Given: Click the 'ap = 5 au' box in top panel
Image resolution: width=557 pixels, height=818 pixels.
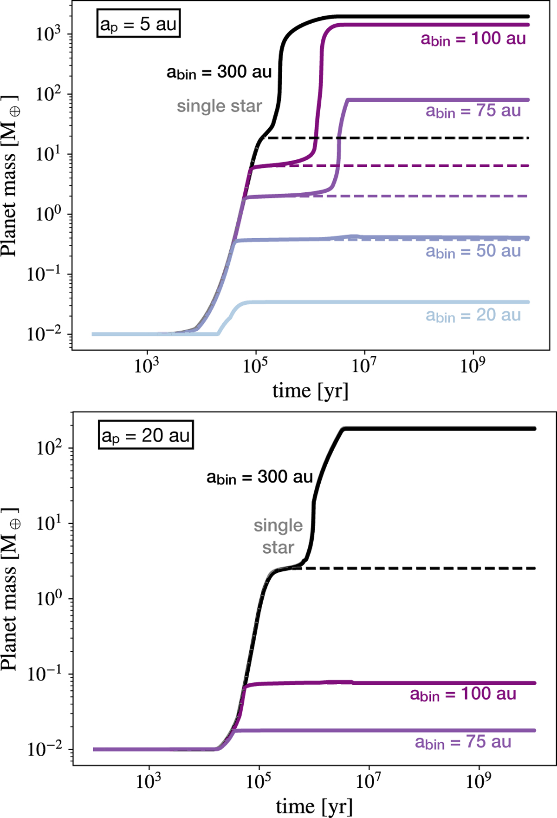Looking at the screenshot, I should coord(138,24).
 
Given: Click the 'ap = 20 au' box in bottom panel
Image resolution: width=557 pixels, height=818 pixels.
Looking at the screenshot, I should coord(145,435).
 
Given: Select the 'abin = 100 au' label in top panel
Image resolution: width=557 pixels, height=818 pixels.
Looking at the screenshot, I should coord(473,39).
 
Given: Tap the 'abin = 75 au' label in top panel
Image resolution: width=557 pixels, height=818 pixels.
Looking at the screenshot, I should coord(473,111).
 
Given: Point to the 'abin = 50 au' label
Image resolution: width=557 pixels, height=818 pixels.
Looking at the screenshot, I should coord(473,251).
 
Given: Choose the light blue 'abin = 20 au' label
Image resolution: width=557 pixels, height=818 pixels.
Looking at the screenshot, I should coord(473,315).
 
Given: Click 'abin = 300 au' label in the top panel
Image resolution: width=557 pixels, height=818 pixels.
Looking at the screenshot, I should coord(219,72).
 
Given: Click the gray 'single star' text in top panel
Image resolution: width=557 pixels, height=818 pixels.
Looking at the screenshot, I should coord(219,106).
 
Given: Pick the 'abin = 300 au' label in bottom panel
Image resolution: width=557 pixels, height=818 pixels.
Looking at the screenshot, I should coord(259,477).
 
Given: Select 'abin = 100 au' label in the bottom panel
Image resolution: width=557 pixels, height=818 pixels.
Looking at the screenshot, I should coord(463,694).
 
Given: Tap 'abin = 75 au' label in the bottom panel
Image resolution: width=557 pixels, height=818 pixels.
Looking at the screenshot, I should coord(463,742).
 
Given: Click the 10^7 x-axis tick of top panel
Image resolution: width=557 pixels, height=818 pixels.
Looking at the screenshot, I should coord(363,366).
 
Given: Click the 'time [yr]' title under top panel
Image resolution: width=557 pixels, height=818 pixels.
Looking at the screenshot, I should coord(310,391).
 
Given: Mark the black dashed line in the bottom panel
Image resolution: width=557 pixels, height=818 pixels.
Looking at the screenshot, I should coord(418,568).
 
